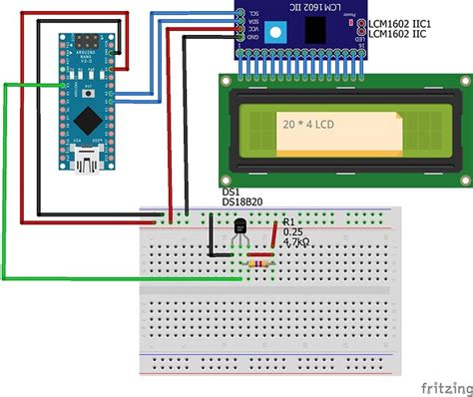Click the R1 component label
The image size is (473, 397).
pyautogui.click(x=288, y=221)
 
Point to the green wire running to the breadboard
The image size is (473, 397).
pyautogui.click(x=5, y=180)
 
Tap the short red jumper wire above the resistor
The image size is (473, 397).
pyautogui.click(x=274, y=234)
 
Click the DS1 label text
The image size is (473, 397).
pyautogui.click(x=231, y=191)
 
